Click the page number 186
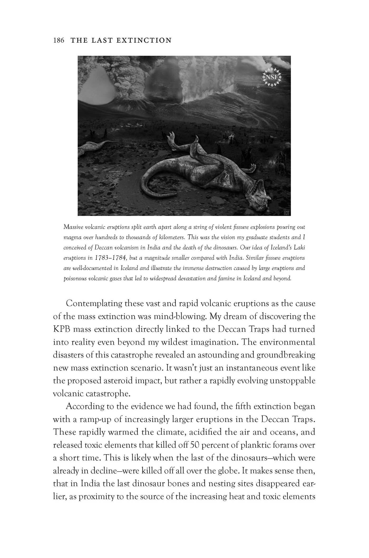click(x=59, y=40)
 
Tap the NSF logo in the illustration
click(x=272, y=77)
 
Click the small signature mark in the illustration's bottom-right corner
click(x=286, y=212)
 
